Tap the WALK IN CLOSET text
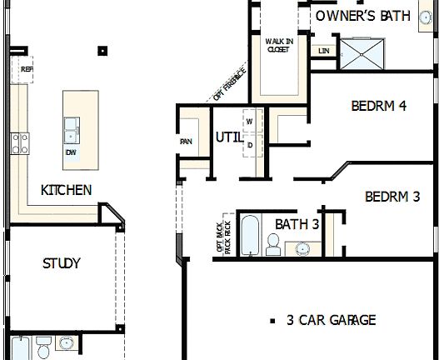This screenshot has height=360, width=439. click(x=277, y=45)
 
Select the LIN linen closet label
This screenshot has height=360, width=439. click(x=324, y=51)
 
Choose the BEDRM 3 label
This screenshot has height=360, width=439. click(x=392, y=197)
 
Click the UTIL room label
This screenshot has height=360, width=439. click(x=228, y=136)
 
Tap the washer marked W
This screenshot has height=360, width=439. click(x=249, y=122)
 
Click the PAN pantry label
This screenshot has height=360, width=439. click(x=187, y=142)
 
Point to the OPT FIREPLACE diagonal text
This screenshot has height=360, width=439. click(x=229, y=83)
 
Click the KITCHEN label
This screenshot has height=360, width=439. click(x=67, y=190)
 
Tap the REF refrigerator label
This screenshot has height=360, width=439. click(x=27, y=70)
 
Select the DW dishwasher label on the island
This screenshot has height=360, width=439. click(x=71, y=152)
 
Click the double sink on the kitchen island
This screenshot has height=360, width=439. click(x=72, y=130)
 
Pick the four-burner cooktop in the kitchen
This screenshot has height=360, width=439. click(x=19, y=143)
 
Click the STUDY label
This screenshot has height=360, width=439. click(x=62, y=263)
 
